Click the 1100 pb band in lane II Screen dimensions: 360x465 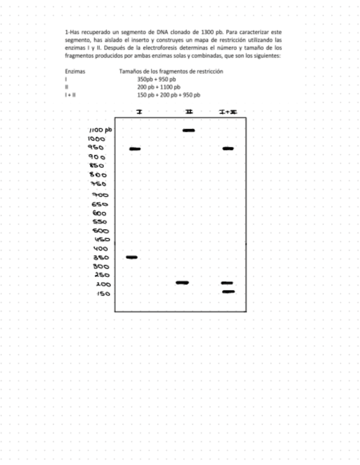pos(189,131)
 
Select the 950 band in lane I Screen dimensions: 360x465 pos(135,149)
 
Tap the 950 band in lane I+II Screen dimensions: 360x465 pos(228,149)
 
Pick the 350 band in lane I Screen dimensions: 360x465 pos(132,257)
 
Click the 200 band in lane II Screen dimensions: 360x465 pos(182,282)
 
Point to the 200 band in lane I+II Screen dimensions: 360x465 pos(227,283)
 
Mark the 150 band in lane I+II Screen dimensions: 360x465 pos(229,292)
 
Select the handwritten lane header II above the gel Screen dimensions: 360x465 pos(189,112)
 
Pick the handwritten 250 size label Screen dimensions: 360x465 pos(102,275)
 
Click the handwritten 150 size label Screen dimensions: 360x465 pos(103,293)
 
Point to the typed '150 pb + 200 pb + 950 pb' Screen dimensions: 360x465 pos(168,95)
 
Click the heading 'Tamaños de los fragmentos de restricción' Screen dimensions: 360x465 pos(171,72)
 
